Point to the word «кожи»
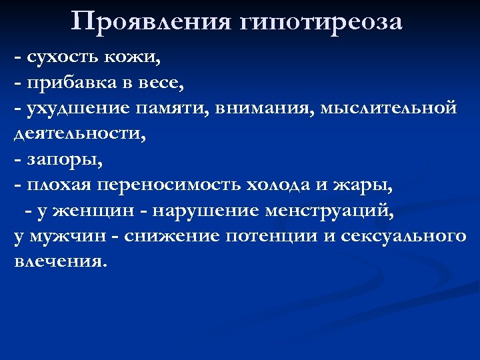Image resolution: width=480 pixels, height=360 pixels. click(133, 59)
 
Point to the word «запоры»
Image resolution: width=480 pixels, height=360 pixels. click(64, 160)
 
